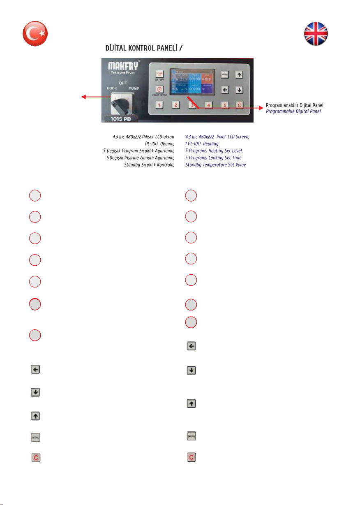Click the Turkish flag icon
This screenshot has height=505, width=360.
coord(35,32)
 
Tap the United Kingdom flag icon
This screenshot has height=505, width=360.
coord(316,33)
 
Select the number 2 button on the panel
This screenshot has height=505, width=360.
coord(175,105)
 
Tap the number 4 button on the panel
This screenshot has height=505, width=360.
coord(208,105)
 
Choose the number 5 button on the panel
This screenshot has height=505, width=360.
coord(224,105)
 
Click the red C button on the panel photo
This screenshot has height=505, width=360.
coord(239,105)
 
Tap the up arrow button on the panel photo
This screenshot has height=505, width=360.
coord(239,75)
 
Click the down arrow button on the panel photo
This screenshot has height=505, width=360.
coord(239,90)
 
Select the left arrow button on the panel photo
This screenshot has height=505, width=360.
coord(224,90)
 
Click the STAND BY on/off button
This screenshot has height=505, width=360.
coord(159,74)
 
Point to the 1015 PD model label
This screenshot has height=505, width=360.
coord(121,119)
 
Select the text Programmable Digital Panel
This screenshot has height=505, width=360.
coord(293,111)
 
